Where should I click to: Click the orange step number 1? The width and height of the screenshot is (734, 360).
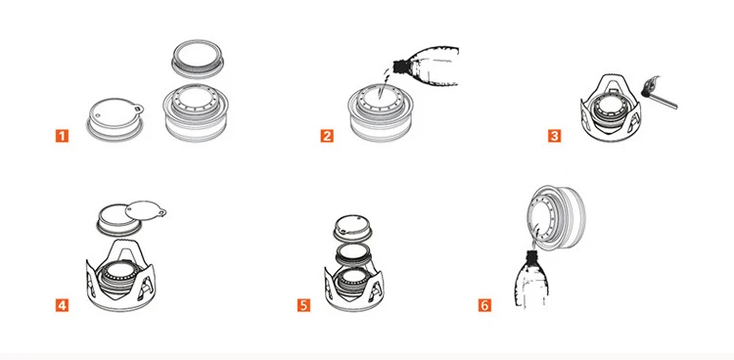(62, 136)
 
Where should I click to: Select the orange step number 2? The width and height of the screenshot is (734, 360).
(327, 136)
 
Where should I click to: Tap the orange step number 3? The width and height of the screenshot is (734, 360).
(554, 136)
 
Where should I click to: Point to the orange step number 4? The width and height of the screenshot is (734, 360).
(62, 305)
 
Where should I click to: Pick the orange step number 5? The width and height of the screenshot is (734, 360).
(303, 305)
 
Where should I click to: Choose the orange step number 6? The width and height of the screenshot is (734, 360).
(484, 305)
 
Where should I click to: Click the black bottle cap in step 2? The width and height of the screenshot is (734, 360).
(399, 66)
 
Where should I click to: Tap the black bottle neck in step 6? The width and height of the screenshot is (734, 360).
(531, 255)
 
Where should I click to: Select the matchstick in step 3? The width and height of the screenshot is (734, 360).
(663, 101)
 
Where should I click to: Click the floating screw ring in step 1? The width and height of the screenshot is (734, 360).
(198, 59)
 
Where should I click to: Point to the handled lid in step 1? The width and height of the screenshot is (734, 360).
(115, 119)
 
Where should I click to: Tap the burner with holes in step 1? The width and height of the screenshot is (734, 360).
(196, 112)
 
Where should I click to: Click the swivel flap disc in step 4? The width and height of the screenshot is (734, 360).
(145, 209)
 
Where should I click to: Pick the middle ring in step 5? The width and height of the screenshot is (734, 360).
(353, 253)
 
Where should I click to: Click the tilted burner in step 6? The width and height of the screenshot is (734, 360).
(556, 218)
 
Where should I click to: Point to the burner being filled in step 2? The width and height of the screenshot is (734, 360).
(381, 112)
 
